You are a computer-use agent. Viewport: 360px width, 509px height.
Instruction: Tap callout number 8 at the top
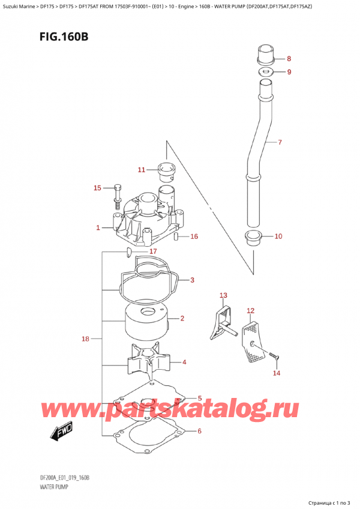click(289, 59)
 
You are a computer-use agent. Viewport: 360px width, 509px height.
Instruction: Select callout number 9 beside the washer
click(289, 73)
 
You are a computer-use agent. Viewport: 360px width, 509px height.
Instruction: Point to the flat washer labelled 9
click(265, 73)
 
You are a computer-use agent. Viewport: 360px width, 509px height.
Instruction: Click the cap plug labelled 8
click(265, 54)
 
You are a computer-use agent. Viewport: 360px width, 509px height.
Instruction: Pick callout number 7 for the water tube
click(279, 143)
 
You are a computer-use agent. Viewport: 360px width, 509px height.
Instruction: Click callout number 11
click(142, 170)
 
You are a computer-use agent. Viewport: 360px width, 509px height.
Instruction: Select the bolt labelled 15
click(117, 193)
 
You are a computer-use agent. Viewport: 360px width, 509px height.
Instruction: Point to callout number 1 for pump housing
click(98, 227)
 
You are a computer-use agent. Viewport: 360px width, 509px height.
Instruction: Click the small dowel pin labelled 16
click(176, 236)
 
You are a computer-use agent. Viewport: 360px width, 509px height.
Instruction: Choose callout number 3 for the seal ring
click(192, 280)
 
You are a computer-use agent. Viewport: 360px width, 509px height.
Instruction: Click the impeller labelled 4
click(149, 362)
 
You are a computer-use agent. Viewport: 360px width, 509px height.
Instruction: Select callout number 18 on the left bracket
click(85, 339)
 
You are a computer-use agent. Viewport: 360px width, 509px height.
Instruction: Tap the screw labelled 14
click(275, 358)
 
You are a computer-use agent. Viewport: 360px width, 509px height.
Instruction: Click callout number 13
click(224, 295)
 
